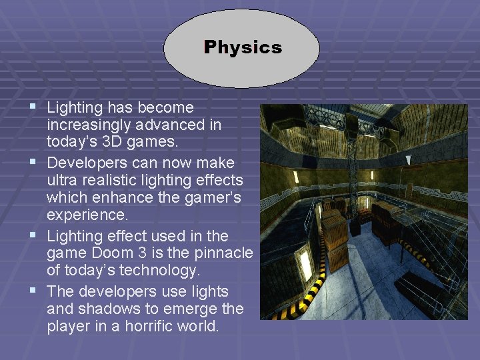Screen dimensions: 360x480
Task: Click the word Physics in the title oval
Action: click(x=243, y=47)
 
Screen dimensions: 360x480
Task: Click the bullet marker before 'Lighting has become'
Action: click(x=33, y=106)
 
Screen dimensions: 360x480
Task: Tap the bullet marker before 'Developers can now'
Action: click(x=33, y=161)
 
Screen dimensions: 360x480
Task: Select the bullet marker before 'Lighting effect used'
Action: click(x=33, y=235)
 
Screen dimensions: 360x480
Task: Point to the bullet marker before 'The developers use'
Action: click(x=33, y=291)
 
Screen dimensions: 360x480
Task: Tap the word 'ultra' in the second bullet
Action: click(x=63, y=181)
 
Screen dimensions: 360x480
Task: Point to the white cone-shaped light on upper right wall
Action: click(x=409, y=161)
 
